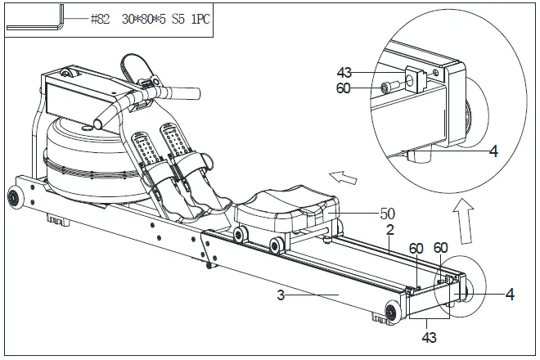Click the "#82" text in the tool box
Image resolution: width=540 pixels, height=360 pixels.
click(x=101, y=19)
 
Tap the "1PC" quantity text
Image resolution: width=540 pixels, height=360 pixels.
click(x=195, y=19)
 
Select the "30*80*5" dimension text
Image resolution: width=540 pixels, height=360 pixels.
click(x=138, y=19)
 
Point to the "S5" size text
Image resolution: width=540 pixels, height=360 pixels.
click(x=172, y=19)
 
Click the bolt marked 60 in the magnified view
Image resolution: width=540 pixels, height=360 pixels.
click(x=389, y=87)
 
